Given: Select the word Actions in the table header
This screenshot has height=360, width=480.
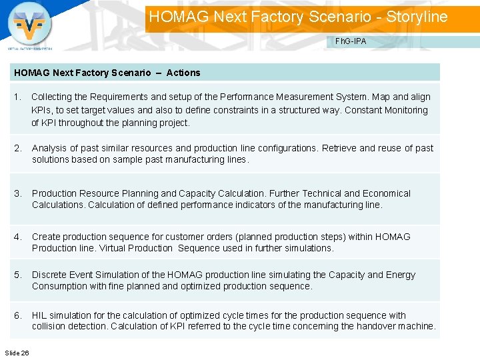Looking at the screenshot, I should [183, 73].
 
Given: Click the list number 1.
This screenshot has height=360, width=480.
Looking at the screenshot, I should [17, 97].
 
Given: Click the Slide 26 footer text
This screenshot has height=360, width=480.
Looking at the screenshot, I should [17, 352].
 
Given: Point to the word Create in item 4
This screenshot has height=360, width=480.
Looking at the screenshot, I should [45, 237].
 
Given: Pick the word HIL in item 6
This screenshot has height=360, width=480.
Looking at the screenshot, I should [39, 315].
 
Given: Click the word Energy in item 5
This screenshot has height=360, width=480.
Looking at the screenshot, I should [401, 275].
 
